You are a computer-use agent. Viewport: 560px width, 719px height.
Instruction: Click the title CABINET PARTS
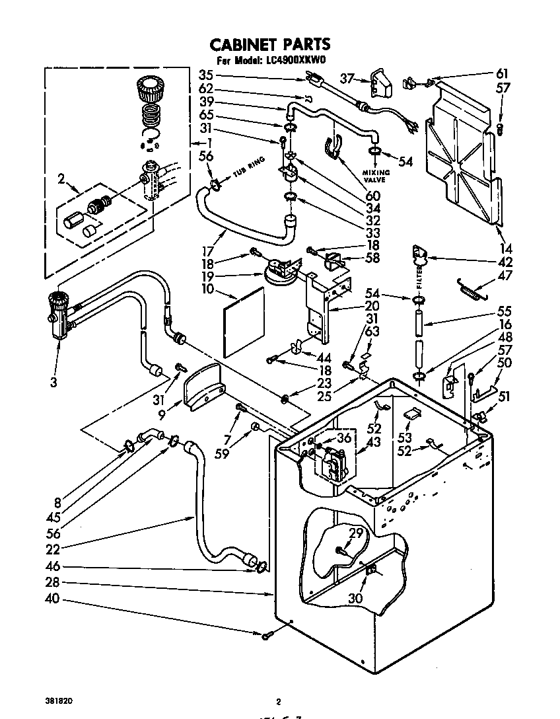269,45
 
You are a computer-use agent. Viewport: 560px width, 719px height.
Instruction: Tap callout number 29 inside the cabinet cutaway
356,533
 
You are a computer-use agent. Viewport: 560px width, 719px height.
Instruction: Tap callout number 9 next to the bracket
162,416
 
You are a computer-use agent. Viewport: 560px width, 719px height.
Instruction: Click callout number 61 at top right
503,73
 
